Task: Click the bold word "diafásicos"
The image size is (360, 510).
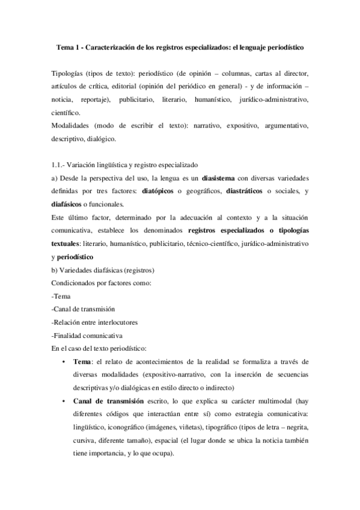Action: tap(69, 204)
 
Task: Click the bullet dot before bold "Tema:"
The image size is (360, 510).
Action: tap(64, 362)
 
